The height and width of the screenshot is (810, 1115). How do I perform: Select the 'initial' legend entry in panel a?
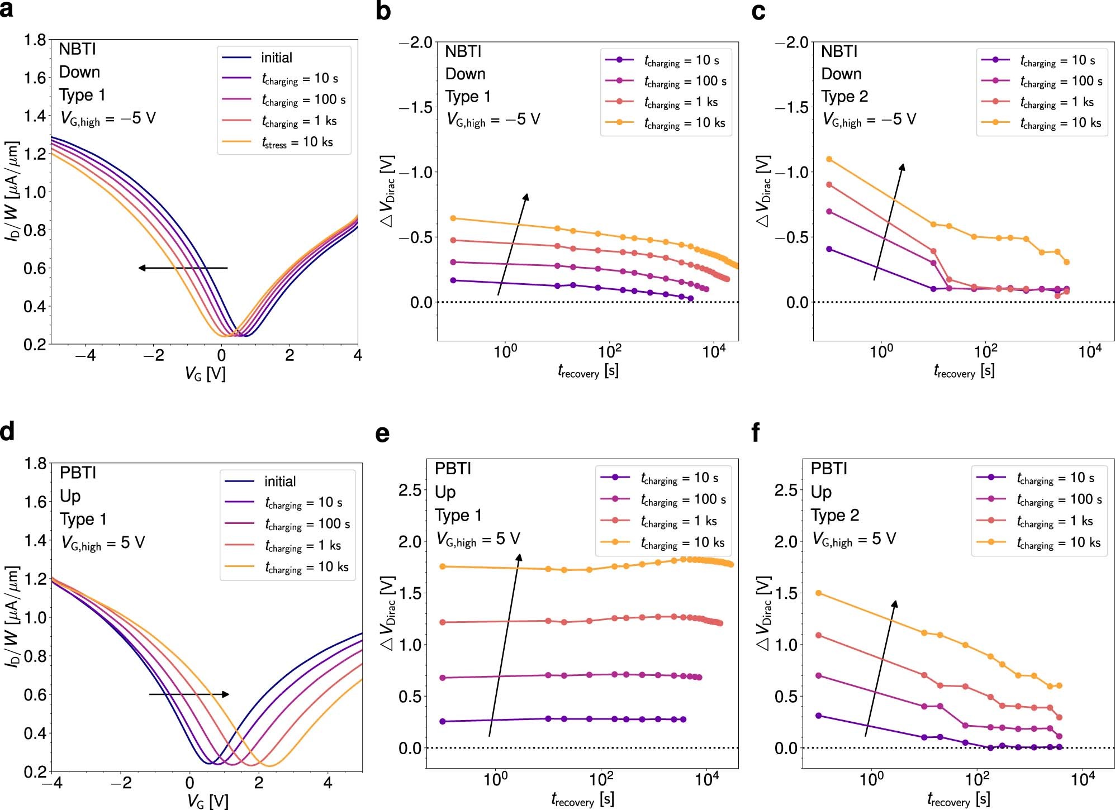pyautogui.click(x=276, y=58)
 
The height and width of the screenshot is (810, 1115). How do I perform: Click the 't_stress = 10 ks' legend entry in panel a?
pyautogui.click(x=297, y=142)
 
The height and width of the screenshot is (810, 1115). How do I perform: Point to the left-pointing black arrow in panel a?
pyautogui.click(x=183, y=268)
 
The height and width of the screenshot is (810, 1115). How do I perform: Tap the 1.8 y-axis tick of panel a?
pyautogui.click(x=35, y=40)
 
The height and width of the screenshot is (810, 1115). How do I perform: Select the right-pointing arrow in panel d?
pyautogui.click(x=189, y=694)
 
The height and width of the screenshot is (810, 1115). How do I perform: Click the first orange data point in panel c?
pyautogui.click(x=829, y=159)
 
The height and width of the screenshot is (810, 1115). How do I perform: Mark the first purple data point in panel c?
pyautogui.click(x=829, y=249)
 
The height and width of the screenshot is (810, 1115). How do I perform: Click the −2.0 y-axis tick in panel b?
pyautogui.click(x=416, y=42)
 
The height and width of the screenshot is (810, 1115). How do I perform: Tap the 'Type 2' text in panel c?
pyautogui.click(x=844, y=97)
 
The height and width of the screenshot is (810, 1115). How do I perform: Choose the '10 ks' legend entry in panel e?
pyautogui.click(x=682, y=542)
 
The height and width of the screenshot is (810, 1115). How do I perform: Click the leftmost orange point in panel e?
pyautogui.click(x=443, y=566)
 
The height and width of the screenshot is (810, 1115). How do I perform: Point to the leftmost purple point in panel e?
pyautogui.click(x=443, y=721)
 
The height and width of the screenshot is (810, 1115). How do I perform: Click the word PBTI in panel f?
pyautogui.click(x=829, y=469)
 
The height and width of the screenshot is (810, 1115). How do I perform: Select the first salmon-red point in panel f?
pyautogui.click(x=819, y=635)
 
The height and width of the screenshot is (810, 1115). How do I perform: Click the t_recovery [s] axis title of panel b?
pyautogui.click(x=588, y=371)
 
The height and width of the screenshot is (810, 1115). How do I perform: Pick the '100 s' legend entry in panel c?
pyautogui.click(x=1061, y=82)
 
